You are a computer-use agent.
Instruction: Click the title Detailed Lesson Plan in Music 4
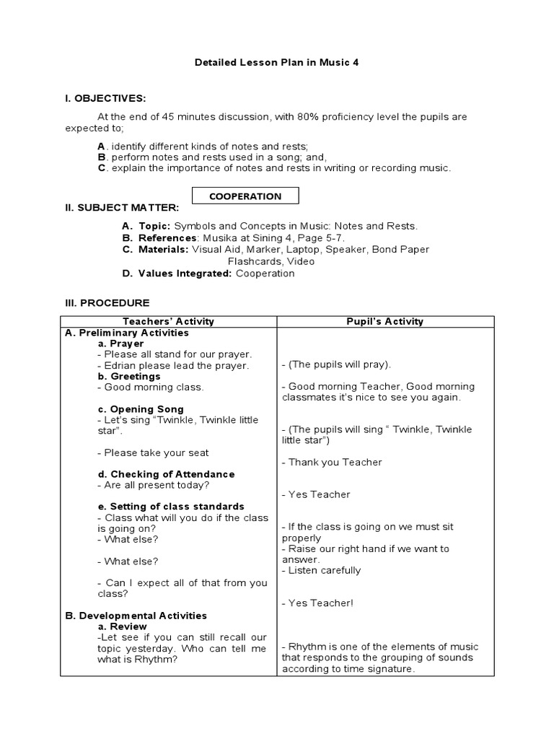(276, 62)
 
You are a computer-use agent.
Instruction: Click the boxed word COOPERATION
(245, 196)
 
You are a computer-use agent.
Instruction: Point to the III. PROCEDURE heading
(107, 303)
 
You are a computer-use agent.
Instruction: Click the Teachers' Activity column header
(169, 321)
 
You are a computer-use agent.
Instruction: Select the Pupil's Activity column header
(386, 321)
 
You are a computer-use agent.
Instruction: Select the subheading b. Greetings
(129, 376)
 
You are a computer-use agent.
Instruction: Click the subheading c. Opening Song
(141, 409)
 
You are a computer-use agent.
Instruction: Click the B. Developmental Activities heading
(136, 616)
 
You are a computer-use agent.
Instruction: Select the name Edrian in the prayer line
(120, 365)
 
